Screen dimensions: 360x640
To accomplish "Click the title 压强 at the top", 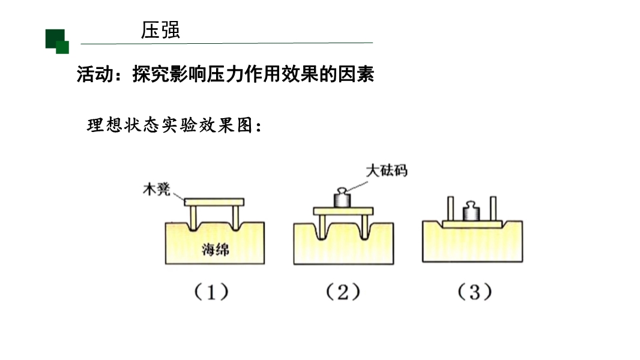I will (x=160, y=31).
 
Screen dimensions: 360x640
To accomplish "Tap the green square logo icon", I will (x=57, y=41).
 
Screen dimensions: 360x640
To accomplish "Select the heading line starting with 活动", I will (x=225, y=74).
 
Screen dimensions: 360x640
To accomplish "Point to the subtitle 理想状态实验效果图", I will (x=174, y=127).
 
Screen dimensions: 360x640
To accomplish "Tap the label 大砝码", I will (x=387, y=170).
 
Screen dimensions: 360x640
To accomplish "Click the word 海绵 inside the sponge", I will (x=215, y=250).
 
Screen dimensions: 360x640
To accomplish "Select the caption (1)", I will (x=211, y=292).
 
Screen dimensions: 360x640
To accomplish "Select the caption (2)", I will (x=343, y=292).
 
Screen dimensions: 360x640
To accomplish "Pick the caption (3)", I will (x=474, y=292).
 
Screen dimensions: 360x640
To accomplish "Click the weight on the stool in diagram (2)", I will (x=342, y=199).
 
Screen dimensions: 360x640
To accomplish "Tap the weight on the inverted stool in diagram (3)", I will (x=471, y=212).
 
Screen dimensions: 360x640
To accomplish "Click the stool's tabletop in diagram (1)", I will (x=214, y=202).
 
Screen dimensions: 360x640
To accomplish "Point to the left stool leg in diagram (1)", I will (x=193, y=216).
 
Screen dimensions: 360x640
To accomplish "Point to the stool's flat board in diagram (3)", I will (x=472, y=224).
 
